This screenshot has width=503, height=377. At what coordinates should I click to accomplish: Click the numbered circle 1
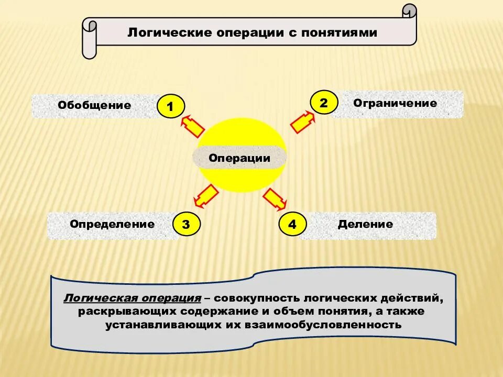click(x=171, y=107)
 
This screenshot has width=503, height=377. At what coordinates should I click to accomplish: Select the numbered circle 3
click(x=186, y=225)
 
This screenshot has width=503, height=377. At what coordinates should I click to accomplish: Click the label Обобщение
click(x=94, y=105)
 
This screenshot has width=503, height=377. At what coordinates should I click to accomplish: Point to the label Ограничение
click(x=395, y=103)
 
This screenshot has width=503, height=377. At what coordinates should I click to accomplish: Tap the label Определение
click(x=112, y=225)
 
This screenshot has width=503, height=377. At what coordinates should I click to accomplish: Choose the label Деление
click(x=365, y=225)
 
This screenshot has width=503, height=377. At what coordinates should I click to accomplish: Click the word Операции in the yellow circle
click(x=239, y=158)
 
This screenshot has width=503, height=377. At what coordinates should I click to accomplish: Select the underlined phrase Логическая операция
click(x=133, y=298)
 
